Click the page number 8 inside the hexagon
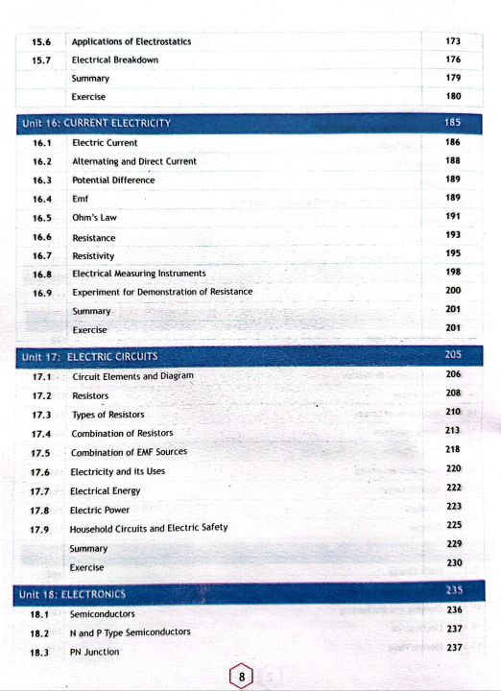pos(244,678)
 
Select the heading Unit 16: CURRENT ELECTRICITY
pos(95,123)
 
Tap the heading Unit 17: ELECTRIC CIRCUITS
pos(89,357)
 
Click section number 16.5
pos(42,218)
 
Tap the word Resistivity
pos(93,256)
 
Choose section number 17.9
pos(40,529)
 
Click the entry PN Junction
pos(95,652)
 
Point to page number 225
pos(455,525)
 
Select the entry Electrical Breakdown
pos(115,60)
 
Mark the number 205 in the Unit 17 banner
pos(455,355)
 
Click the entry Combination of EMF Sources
pos(129,452)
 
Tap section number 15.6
pos(42,41)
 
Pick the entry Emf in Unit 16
pos(81,199)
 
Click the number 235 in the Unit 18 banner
pos(455,591)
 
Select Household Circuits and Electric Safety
pos(149,529)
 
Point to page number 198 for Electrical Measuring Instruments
pos(454,273)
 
